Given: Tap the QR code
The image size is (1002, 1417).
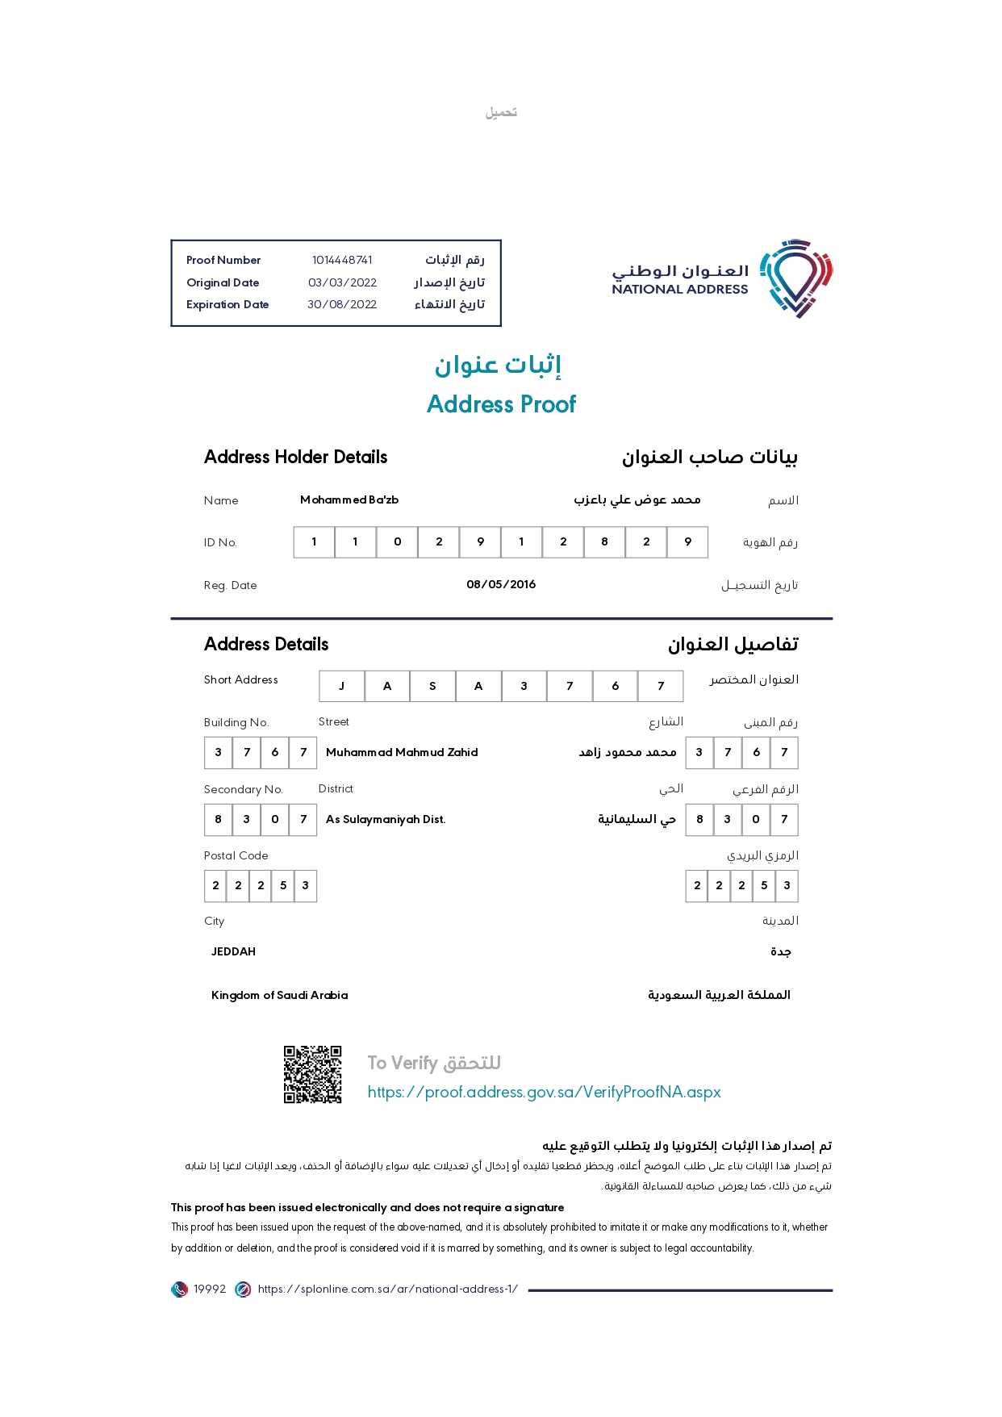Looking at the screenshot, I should (312, 1074).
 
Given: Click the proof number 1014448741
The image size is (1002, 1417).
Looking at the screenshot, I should (342, 260).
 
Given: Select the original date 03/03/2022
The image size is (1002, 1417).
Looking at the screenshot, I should (342, 282).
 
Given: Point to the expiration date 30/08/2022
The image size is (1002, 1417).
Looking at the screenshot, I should (342, 304).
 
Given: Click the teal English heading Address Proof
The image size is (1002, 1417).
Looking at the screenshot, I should (501, 404).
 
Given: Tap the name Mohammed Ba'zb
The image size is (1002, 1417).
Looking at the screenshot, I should (349, 500).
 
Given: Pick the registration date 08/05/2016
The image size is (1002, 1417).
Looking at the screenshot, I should (501, 584).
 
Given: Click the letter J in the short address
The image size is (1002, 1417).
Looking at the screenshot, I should (341, 686).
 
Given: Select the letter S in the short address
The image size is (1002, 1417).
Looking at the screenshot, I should (432, 686).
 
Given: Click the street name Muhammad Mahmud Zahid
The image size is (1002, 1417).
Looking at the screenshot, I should (402, 752).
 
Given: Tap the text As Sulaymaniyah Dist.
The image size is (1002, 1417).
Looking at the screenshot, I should (386, 819).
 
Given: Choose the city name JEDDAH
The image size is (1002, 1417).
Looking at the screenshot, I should (233, 951).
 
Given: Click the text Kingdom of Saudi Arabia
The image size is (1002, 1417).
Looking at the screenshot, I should (279, 995).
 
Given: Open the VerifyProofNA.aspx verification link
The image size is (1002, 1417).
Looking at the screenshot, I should (544, 1092).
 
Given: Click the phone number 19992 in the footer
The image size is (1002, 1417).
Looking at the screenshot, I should (210, 1289).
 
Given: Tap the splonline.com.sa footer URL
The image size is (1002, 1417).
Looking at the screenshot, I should (387, 1289).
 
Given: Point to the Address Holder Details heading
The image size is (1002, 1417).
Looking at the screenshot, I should (295, 457).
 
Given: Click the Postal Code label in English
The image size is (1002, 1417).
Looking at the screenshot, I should (236, 855).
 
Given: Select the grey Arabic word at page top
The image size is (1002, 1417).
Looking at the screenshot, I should (501, 112).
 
